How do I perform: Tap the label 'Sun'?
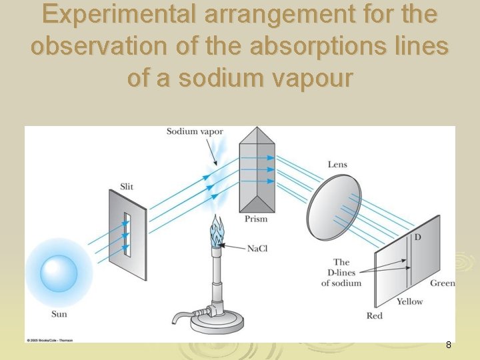[x=59, y=313]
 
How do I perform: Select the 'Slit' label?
[x=127, y=186]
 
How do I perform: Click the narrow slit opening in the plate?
[x=126, y=235]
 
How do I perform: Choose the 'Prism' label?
[x=256, y=219]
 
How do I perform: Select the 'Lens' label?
[x=337, y=165]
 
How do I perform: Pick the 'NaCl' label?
[x=257, y=249]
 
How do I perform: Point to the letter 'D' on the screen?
[x=417, y=238]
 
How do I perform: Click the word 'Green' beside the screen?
[x=442, y=283]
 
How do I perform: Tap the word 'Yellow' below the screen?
[x=409, y=301]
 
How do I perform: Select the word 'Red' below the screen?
[x=375, y=315]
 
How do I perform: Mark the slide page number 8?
[x=449, y=345]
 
